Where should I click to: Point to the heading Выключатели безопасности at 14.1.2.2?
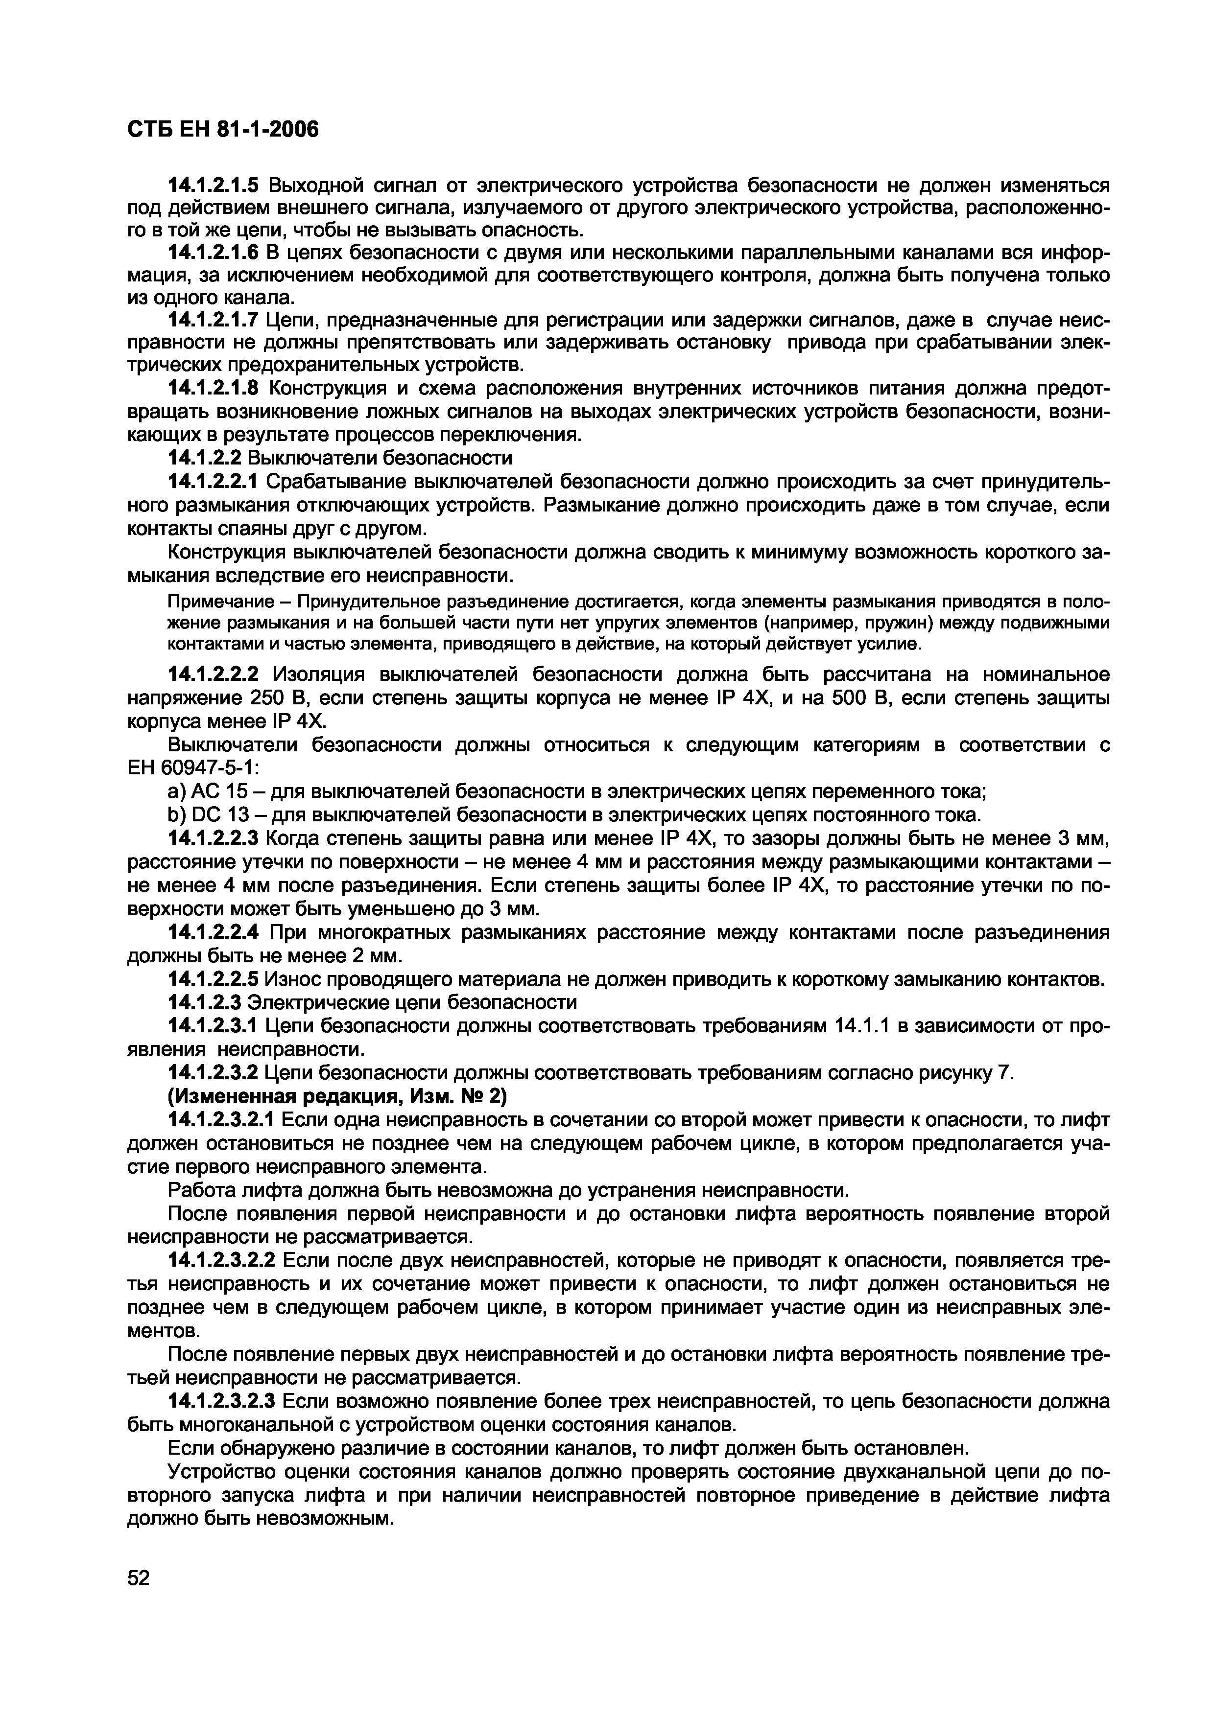point(380,457)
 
